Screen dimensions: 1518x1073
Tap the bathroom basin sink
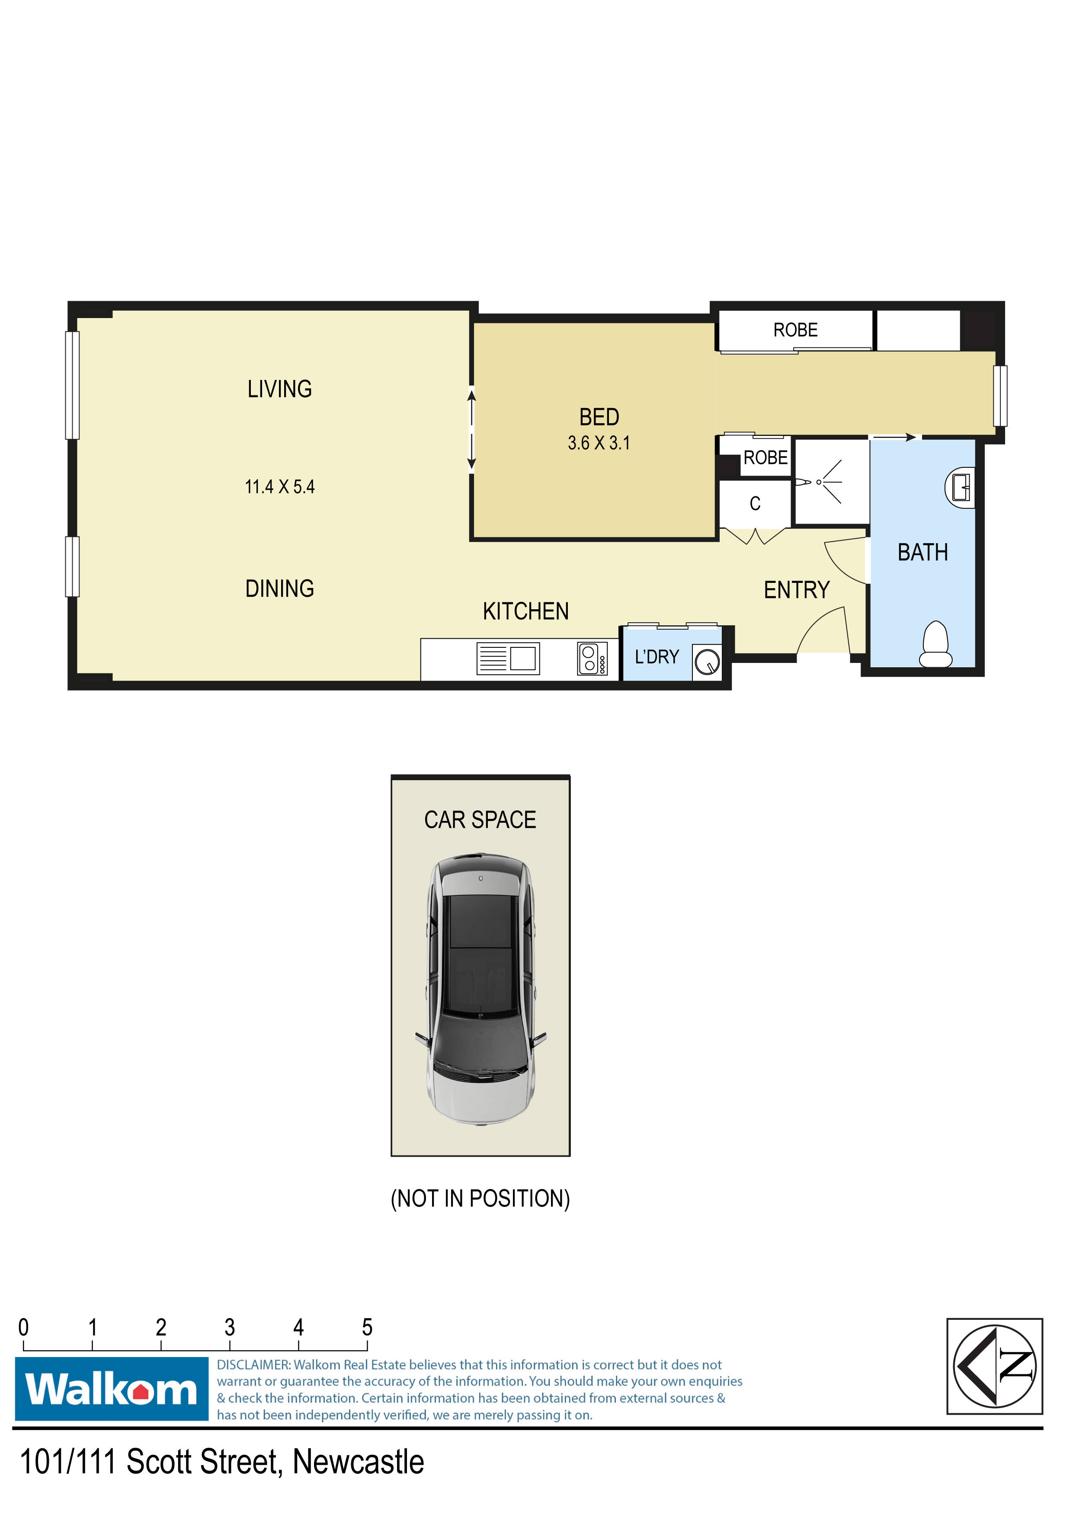pyautogui.click(x=961, y=488)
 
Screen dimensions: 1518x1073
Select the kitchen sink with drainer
pyautogui.click(x=508, y=659)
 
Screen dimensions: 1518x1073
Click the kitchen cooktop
pyautogui.click(x=592, y=659)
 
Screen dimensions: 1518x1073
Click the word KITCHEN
pyautogui.click(x=525, y=611)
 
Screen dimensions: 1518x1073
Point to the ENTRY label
pyautogui.click(x=796, y=590)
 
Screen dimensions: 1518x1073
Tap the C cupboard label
pyautogui.click(x=755, y=504)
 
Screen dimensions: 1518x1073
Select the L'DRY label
pyautogui.click(x=657, y=657)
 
